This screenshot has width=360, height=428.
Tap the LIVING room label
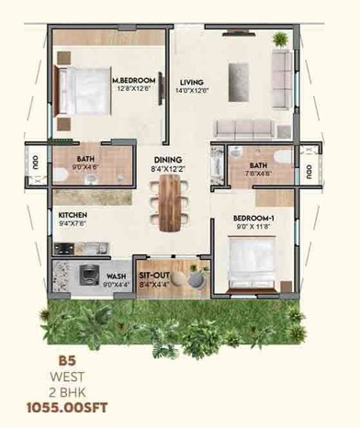pyautogui.click(x=192, y=81)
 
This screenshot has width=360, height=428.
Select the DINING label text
pyautogui.click(x=167, y=159)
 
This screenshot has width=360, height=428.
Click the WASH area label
pyautogui.click(x=117, y=276)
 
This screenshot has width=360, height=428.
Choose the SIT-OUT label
pyautogui.click(x=152, y=275)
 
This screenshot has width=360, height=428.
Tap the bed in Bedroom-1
pyautogui.click(x=253, y=261)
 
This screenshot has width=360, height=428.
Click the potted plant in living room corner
pyautogui.click(x=279, y=39)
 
